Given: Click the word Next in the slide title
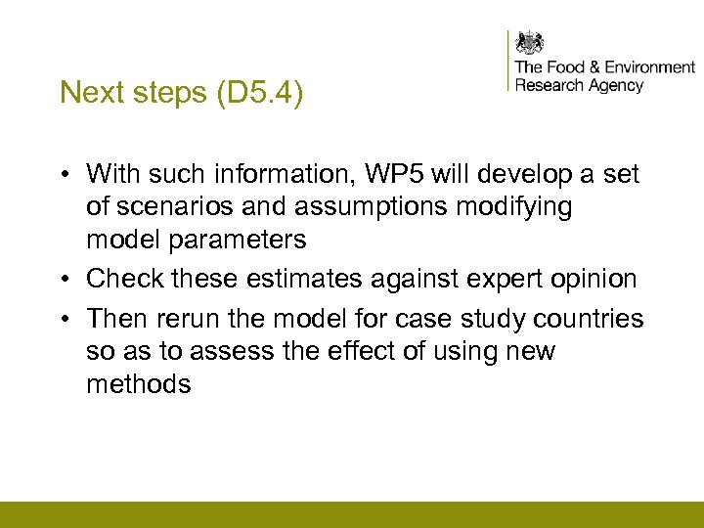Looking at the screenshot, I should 85,92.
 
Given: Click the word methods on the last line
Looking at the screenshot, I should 139,384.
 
